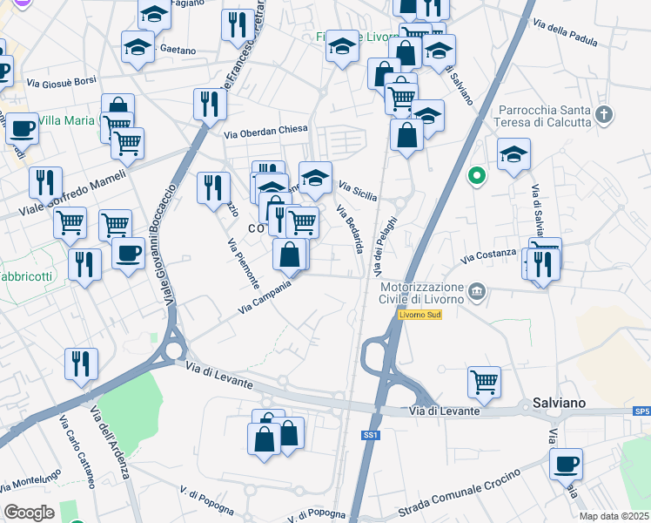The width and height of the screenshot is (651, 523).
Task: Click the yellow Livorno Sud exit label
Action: (x=420, y=315)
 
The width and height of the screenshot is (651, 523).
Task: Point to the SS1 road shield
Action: (x=372, y=434)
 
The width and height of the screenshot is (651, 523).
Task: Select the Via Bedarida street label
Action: (x=350, y=229)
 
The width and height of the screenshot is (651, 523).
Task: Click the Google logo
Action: (x=29, y=513)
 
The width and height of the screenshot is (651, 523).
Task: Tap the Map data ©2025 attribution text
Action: (x=614, y=516)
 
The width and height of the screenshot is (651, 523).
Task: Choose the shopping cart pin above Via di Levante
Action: (x=484, y=381)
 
